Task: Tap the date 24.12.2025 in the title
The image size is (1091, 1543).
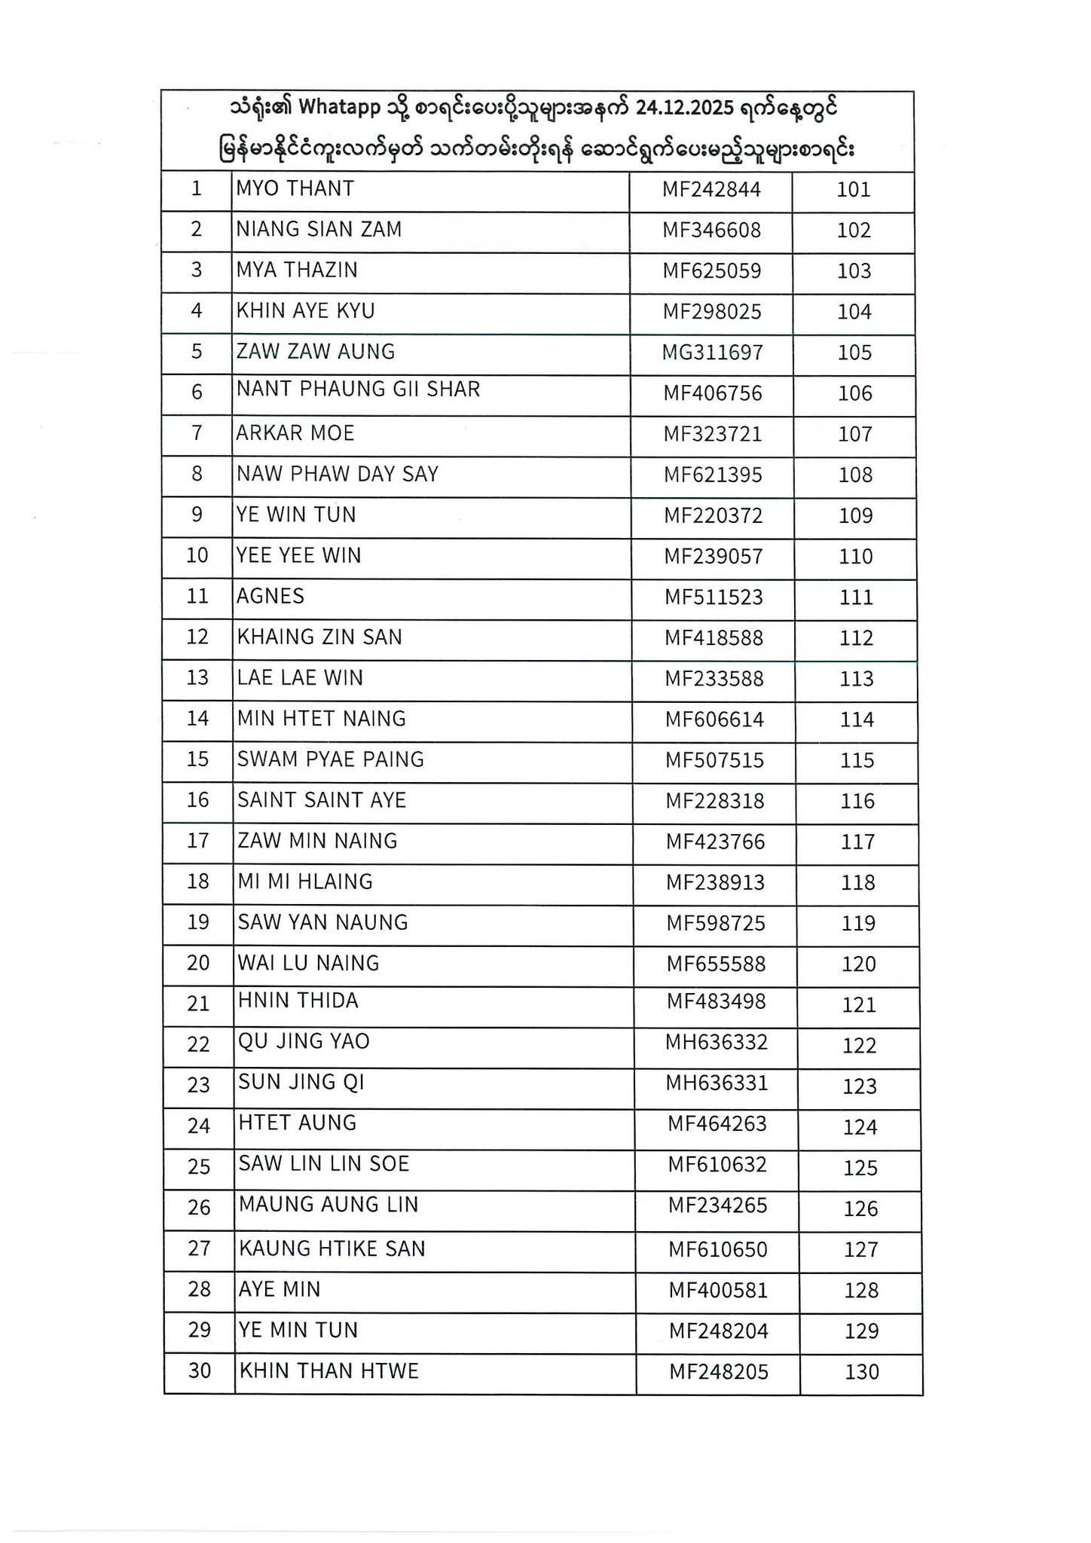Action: coord(684,108)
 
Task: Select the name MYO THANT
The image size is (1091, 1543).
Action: coord(295,188)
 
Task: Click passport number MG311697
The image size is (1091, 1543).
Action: coord(712,353)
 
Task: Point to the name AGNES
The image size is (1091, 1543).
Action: coord(270,597)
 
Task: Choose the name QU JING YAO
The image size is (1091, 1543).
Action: coord(304,1042)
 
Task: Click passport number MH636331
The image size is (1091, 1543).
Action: coord(716,1083)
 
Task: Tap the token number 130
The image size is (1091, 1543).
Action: coord(862,1372)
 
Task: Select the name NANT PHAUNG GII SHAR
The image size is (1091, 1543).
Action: coord(358,390)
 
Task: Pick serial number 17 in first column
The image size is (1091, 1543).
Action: coord(197,841)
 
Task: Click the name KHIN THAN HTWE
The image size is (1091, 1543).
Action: coord(329,1371)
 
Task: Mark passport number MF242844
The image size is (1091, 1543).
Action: coord(711,189)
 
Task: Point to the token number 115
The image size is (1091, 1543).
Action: coord(857,760)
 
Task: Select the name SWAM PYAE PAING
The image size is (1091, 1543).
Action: coord(330,759)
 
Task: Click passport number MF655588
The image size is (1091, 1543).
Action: coord(716,964)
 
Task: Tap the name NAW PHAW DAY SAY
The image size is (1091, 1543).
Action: coord(337,475)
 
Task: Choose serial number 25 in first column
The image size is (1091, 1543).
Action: coord(199,1167)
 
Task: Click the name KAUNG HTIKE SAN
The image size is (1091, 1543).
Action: coord(332,1249)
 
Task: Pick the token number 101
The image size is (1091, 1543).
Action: coord(854,189)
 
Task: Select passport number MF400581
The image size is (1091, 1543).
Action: coord(718,1291)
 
